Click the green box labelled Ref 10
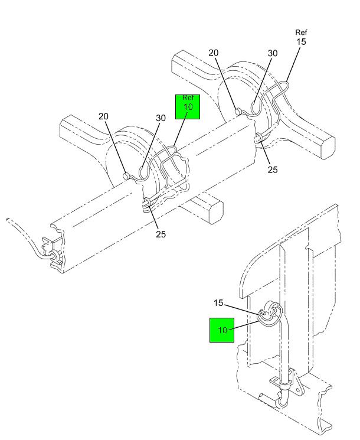coord(188,107)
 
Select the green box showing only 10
coord(222,330)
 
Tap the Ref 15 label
coord(301,37)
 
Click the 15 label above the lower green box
coord(218,303)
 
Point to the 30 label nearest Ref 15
coord(273,53)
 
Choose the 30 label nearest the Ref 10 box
coord(161,118)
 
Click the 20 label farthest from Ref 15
coord(103,116)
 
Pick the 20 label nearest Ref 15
coord(214,53)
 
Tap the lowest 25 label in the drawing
coord(161,234)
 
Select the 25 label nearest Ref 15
coord(273,170)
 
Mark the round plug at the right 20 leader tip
coord(238,112)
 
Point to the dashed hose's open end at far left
coord(8,220)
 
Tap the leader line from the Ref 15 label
coord(293,64)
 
